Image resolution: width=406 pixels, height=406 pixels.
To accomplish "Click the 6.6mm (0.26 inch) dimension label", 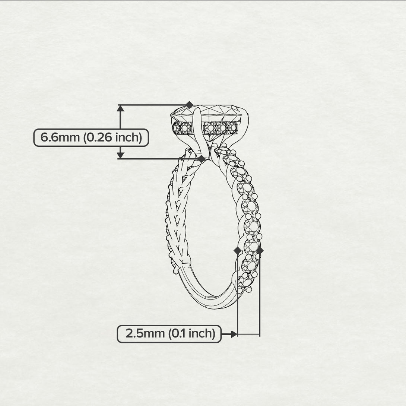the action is pos(91,137).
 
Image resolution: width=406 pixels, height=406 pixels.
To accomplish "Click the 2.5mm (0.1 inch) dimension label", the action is pos(169,334).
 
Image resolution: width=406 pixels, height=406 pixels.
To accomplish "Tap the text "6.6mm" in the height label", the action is pos(60,137).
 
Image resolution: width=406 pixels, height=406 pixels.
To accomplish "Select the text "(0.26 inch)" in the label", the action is pos(112,137).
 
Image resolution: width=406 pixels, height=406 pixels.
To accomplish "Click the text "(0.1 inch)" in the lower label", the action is pos(192,333).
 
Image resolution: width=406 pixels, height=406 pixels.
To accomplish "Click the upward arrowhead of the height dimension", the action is pos(120,108).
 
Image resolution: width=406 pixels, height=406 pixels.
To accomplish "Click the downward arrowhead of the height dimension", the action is pos(120,155).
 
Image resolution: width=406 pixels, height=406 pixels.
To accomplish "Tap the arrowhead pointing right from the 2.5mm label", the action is pos(234,334).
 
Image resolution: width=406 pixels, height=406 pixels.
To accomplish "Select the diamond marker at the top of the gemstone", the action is pos(189,105).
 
